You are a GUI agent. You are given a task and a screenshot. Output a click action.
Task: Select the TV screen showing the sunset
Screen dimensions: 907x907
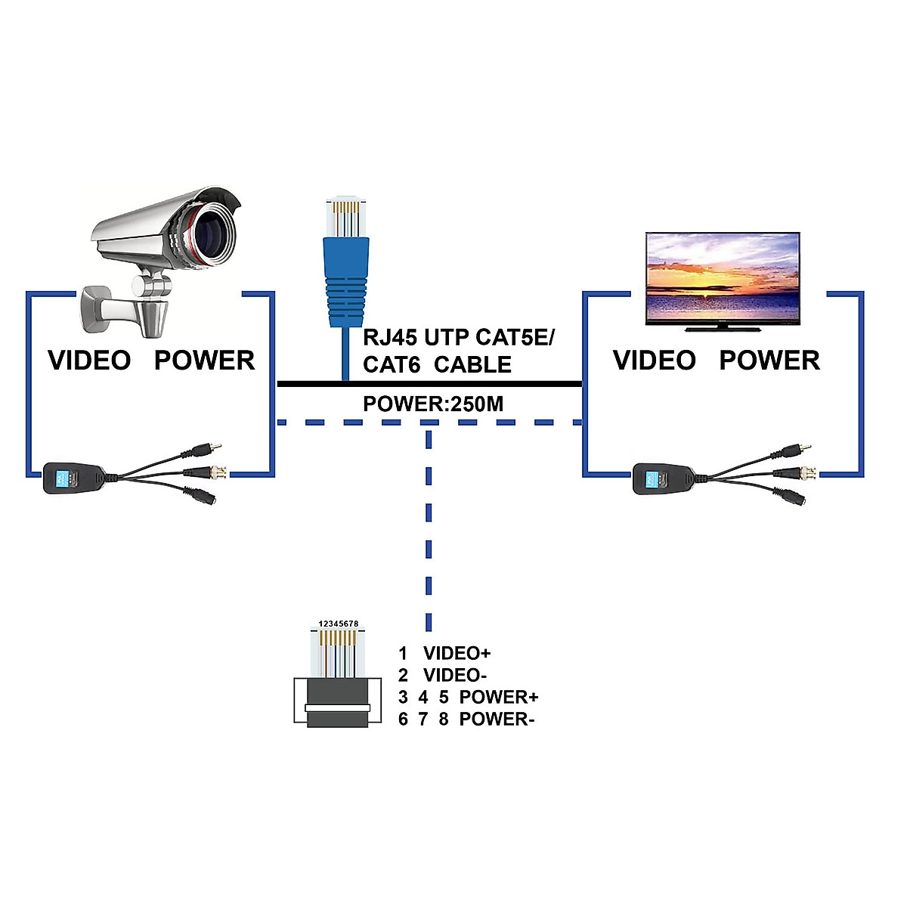pyautogui.click(x=722, y=278)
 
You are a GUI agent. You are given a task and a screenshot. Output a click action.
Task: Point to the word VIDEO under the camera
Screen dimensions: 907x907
pyautogui.click(x=89, y=361)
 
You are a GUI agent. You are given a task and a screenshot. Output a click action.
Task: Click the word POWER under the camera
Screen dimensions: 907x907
pyautogui.click(x=204, y=361)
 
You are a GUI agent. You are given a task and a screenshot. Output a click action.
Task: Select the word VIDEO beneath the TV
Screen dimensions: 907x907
pyautogui.click(x=654, y=361)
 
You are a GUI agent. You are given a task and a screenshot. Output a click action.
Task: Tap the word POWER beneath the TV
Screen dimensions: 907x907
pyautogui.click(x=769, y=361)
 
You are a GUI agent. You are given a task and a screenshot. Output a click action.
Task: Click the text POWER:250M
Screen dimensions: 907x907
pyautogui.click(x=432, y=404)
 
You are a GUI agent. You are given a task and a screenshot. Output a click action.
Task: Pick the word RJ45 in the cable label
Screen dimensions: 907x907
pyautogui.click(x=390, y=337)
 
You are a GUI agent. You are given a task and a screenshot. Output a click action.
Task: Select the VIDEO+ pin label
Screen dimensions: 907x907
pyautogui.click(x=457, y=653)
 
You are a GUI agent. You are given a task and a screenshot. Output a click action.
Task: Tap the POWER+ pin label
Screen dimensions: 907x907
pyautogui.click(x=498, y=697)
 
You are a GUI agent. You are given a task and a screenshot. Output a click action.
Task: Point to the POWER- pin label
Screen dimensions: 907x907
pyautogui.click(x=497, y=719)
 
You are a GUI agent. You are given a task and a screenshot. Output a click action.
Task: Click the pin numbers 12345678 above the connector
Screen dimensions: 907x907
pyautogui.click(x=338, y=624)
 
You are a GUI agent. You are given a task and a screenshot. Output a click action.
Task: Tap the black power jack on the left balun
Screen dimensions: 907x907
pyautogui.click(x=203, y=497)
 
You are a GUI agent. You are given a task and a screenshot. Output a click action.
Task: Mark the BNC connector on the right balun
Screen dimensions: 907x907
pyautogui.click(x=803, y=474)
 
